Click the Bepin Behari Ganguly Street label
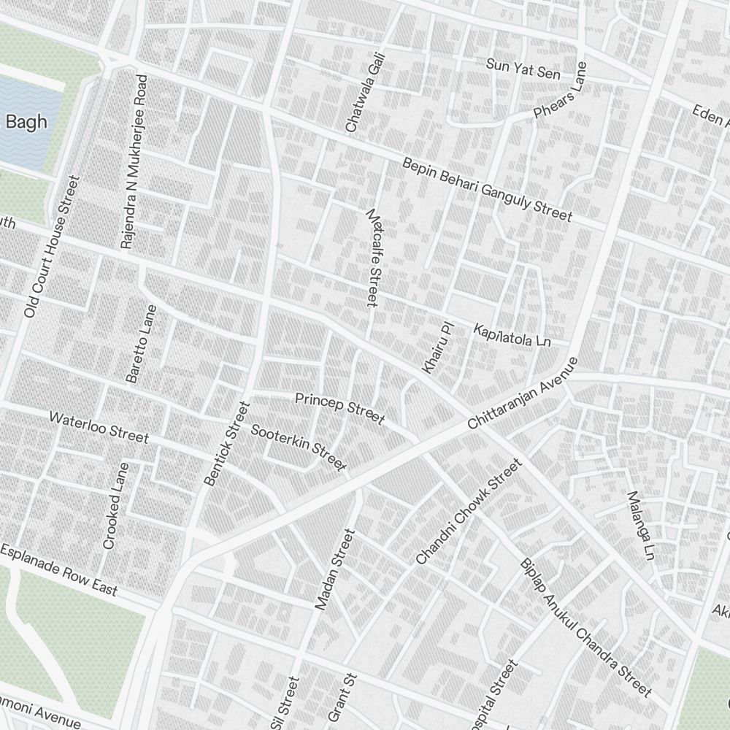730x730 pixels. tap(487, 188)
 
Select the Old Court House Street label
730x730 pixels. tap(50, 247)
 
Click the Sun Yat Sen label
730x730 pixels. tap(523, 69)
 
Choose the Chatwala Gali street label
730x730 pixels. tap(364, 96)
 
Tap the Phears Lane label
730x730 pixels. tap(561, 100)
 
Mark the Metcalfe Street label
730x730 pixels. tap(374, 257)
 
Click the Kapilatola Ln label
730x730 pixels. tap(512, 335)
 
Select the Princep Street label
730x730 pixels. tap(339, 408)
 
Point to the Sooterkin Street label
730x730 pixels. tap(298, 447)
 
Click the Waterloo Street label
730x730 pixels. tap(99, 427)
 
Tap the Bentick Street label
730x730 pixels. tap(227, 443)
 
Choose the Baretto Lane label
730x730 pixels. tap(141, 344)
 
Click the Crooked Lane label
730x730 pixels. tap(115, 506)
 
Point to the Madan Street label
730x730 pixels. tap(334, 570)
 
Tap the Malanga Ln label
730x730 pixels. tap(639, 526)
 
